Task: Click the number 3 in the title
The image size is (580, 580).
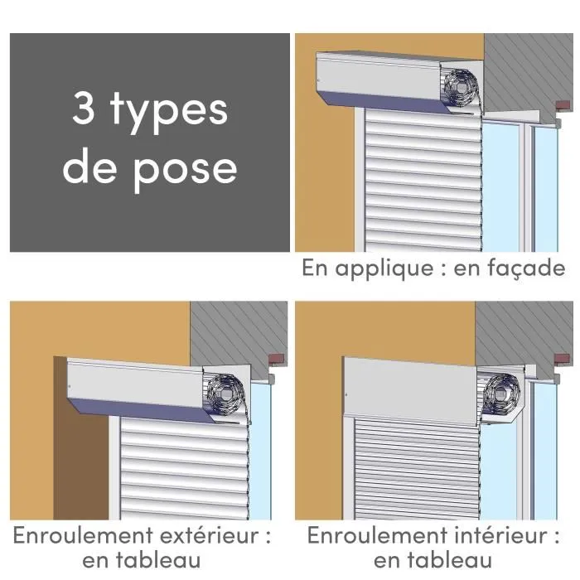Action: (85, 109)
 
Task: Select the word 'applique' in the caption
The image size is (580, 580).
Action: (383, 269)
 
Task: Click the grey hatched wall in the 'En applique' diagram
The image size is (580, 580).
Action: (530, 66)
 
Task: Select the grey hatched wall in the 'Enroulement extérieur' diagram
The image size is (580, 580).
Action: (240, 327)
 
